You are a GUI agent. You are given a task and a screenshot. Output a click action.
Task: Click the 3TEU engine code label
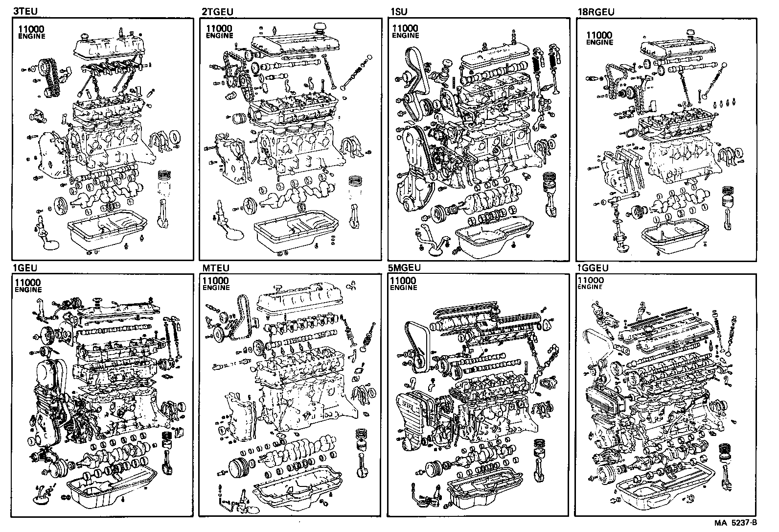(26, 11)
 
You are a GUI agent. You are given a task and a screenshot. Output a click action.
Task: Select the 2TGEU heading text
(217, 11)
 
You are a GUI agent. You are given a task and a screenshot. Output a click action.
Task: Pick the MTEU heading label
(215, 268)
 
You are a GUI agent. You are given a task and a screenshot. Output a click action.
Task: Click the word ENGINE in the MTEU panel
(215, 288)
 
